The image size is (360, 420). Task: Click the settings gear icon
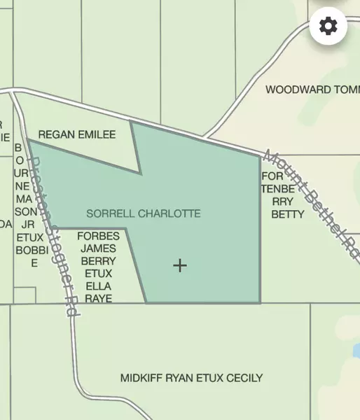[x=328, y=26]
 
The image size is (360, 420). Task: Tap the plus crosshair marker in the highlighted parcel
[x=180, y=265]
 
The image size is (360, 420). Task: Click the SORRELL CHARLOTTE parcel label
[x=144, y=213]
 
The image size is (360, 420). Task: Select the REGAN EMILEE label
[x=77, y=134]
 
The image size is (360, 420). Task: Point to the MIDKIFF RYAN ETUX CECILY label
[x=191, y=378]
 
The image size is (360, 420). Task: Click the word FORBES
[x=99, y=236]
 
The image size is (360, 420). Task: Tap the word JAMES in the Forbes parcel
[x=99, y=248]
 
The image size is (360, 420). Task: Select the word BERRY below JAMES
[x=99, y=260]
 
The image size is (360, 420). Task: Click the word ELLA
[x=99, y=286]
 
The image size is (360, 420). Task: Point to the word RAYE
[x=99, y=297]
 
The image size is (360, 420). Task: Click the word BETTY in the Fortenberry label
[x=287, y=214]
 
